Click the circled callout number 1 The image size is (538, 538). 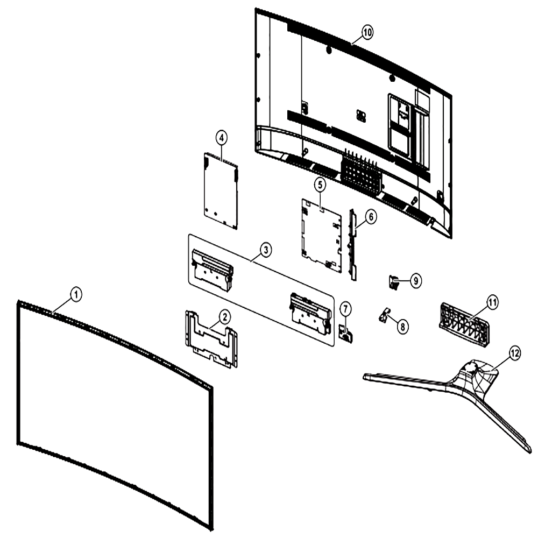(x=76, y=294)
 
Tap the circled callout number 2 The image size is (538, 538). (x=224, y=317)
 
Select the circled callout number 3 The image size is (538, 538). (x=266, y=250)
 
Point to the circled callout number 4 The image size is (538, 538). (x=221, y=138)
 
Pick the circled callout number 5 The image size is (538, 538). (x=320, y=185)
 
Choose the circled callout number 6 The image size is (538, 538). (x=371, y=217)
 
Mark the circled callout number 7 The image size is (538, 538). (x=345, y=309)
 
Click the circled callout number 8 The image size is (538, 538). (x=402, y=326)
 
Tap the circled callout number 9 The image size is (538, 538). (x=415, y=281)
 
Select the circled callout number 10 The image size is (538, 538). (x=367, y=33)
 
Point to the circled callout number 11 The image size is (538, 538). (x=493, y=302)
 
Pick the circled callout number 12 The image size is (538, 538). (x=515, y=353)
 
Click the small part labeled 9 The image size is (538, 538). (x=393, y=282)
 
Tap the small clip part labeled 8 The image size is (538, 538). (x=384, y=315)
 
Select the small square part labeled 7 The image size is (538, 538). (x=345, y=333)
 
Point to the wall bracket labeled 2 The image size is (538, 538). (x=211, y=339)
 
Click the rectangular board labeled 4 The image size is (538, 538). (x=221, y=191)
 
